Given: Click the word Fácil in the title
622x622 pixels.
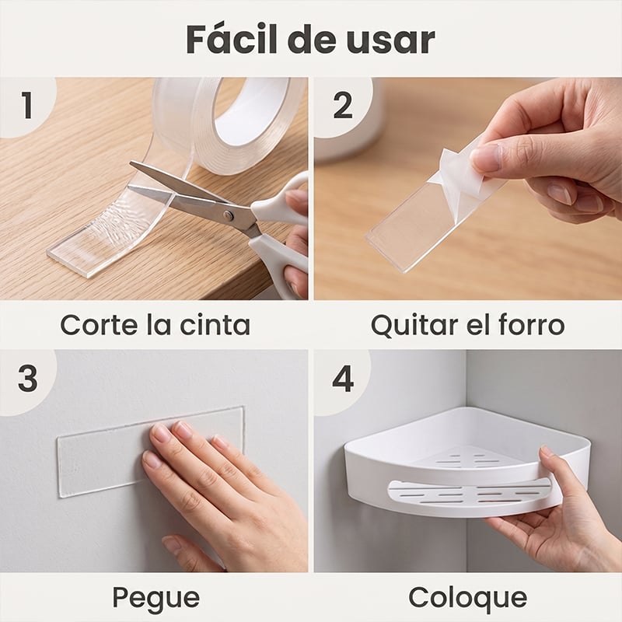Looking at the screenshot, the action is pos(232,39).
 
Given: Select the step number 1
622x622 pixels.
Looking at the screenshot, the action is pos(26,105).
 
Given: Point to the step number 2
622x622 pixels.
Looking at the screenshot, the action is pos(343,105).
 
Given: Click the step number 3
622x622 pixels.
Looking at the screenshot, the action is pos(28,379).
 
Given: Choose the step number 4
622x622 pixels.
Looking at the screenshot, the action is pos(343,379).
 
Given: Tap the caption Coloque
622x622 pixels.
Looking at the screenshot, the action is pos(468,598).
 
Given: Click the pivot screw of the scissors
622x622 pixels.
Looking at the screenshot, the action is pos(228,215).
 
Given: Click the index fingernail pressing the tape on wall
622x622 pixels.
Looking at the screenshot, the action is pos(162,434).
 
